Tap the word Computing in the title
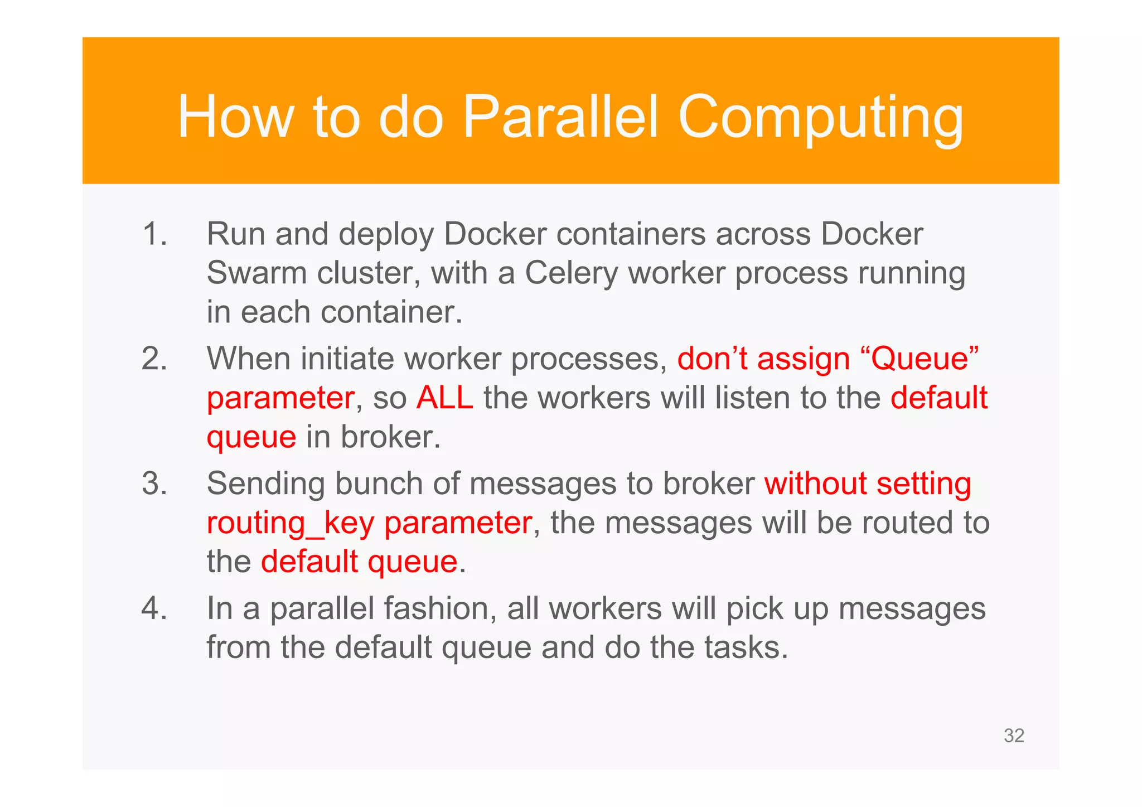[820, 118]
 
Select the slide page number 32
[1014, 736]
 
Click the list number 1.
[154, 234]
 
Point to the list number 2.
[154, 359]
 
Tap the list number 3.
[154, 484]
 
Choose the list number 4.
[154, 608]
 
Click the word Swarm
[257, 273]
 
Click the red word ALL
[444, 398]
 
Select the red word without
[815, 484]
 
